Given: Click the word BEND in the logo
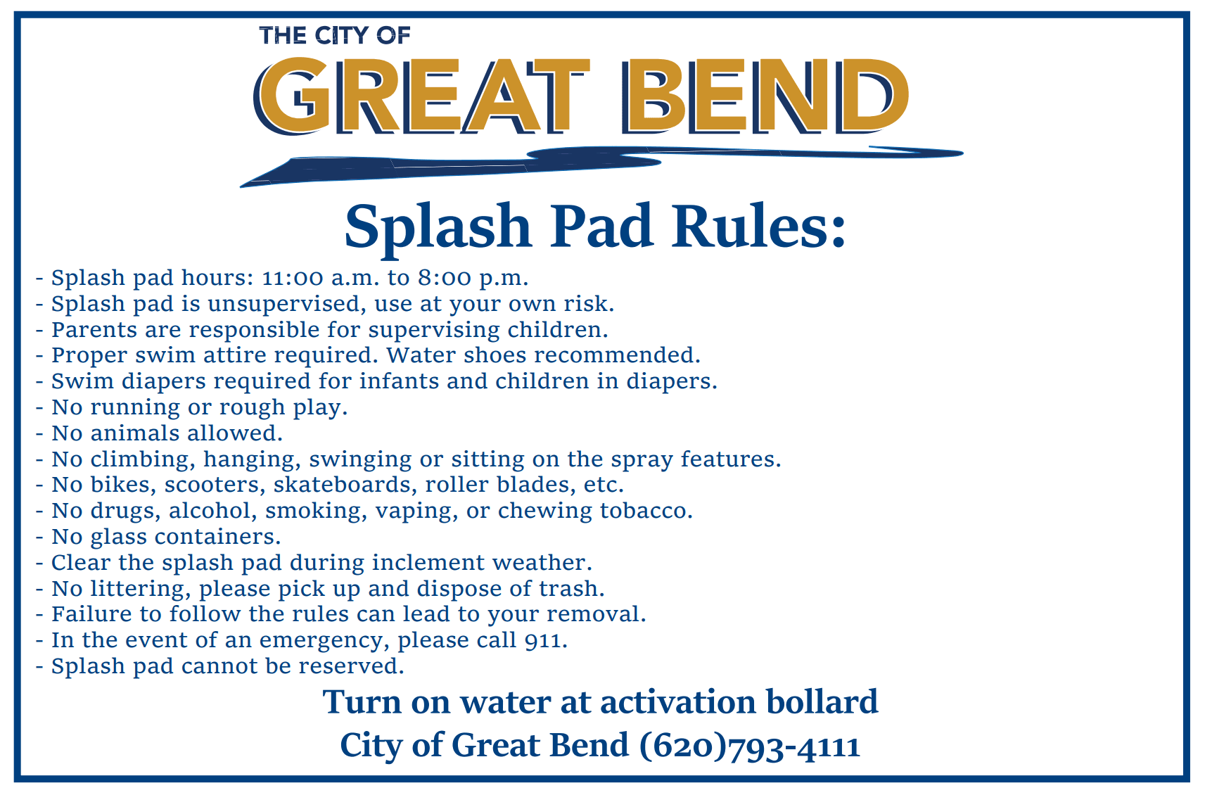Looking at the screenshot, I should click(765, 96).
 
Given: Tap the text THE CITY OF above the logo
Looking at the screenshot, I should click(334, 35).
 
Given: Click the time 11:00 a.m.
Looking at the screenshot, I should click(321, 278).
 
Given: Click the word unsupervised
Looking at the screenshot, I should click(285, 304).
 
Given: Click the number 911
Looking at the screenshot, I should click(545, 640).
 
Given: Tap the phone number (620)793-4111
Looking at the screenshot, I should click(750, 746).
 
